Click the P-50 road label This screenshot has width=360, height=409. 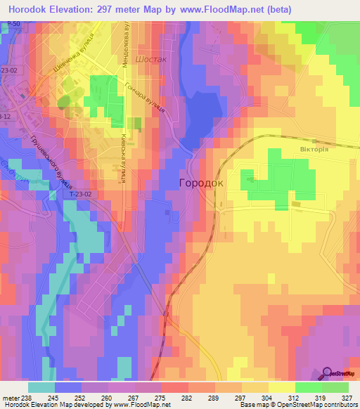[x=8, y=25]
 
